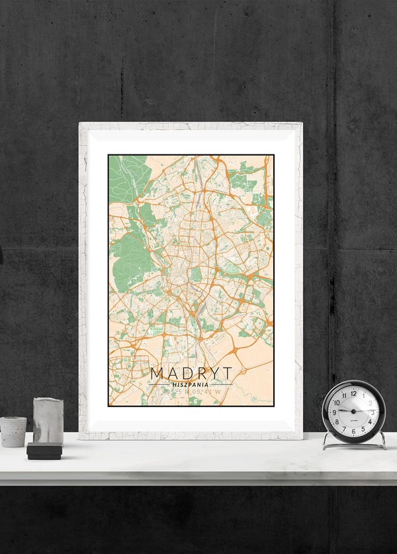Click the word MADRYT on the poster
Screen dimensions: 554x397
click(191, 374)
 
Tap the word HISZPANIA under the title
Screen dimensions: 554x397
click(191, 384)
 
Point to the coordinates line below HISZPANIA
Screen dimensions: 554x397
click(191, 392)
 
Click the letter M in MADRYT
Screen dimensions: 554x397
click(156, 374)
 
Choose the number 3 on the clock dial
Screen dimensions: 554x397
click(373, 412)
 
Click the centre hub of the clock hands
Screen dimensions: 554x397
click(353, 412)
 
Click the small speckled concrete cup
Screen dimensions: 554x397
click(13, 431)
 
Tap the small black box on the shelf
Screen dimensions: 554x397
click(44, 451)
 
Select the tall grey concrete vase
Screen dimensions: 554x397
click(48, 420)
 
